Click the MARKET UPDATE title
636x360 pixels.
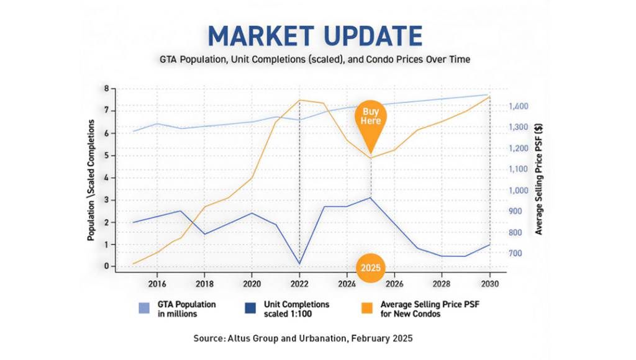tap(316, 37)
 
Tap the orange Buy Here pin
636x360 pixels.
tap(371, 117)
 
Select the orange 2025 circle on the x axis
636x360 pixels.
tap(371, 268)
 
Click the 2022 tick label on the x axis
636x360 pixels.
tap(299, 284)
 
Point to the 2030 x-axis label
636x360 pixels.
tap(490, 284)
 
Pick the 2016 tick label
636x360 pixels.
tap(157, 284)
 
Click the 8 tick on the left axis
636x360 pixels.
tap(106, 89)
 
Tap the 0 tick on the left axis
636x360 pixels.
tap(106, 266)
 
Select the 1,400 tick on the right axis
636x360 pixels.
tap(519, 107)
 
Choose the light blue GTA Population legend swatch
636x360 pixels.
tap(144, 308)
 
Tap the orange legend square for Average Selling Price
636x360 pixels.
tap(370, 308)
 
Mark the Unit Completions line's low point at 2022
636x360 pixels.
tap(299, 264)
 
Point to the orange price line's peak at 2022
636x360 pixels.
tap(299, 100)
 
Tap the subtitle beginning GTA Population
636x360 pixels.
tap(316, 60)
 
